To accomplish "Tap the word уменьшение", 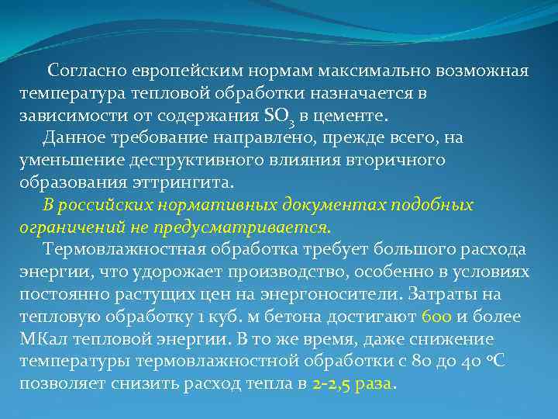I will pyautogui.click(x=71, y=161).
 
